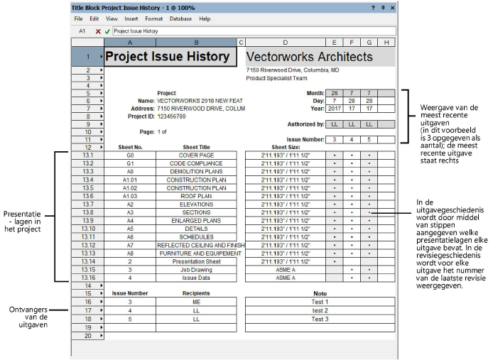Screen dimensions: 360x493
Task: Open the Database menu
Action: (180, 18)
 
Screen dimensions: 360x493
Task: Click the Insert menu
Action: (131, 18)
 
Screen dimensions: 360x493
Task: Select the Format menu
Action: (153, 18)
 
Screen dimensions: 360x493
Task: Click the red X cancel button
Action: (98, 31)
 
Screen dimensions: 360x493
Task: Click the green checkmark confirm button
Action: (107, 31)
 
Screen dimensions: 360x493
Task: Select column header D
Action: (285, 43)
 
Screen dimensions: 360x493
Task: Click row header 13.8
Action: (88, 212)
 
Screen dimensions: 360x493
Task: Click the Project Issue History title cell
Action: (167, 57)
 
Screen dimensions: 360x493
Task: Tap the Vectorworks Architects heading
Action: (309, 57)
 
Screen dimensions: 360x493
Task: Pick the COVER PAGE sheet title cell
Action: (196, 154)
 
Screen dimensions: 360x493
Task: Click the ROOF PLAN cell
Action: (196, 195)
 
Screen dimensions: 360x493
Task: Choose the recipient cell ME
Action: (196, 302)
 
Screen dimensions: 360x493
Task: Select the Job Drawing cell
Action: (196, 269)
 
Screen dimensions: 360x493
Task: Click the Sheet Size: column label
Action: (285, 147)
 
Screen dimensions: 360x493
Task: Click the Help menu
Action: (205, 18)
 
